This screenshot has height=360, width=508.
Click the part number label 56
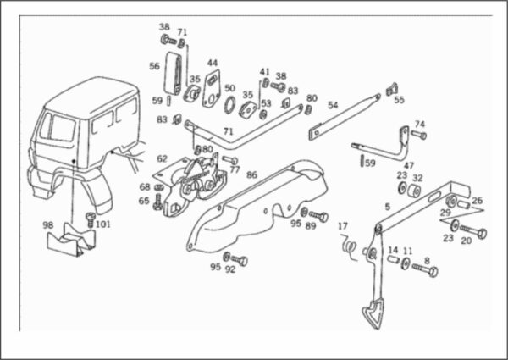pyautogui.click(x=154, y=66)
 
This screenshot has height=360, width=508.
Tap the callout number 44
pyautogui.click(x=213, y=62)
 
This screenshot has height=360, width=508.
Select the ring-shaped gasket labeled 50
pyautogui.click(x=229, y=105)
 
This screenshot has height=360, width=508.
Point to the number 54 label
pyautogui.click(x=333, y=105)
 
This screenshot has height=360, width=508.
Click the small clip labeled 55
pyautogui.click(x=392, y=89)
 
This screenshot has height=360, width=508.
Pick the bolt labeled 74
pyautogui.click(x=419, y=135)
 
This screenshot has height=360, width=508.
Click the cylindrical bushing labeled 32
pyautogui.click(x=414, y=191)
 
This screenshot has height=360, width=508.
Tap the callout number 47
pyautogui.click(x=409, y=165)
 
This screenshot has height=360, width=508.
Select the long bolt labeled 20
pyautogui.click(x=473, y=231)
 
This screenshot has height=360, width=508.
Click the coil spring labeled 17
pyautogui.click(x=349, y=246)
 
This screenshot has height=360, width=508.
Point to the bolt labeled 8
pyautogui.click(x=425, y=269)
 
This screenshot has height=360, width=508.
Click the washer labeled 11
pyautogui.click(x=405, y=263)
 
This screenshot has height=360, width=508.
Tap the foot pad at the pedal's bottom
pyautogui.click(x=373, y=313)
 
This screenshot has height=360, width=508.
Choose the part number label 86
pyautogui.click(x=251, y=175)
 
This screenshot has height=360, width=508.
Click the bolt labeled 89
pyautogui.click(x=319, y=215)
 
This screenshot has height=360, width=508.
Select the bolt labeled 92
pyautogui.click(x=239, y=260)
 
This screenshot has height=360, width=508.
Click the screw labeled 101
pyautogui.click(x=90, y=219)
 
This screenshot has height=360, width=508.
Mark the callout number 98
pyautogui.click(x=48, y=224)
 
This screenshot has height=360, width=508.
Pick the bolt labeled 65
pyautogui.click(x=158, y=202)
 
